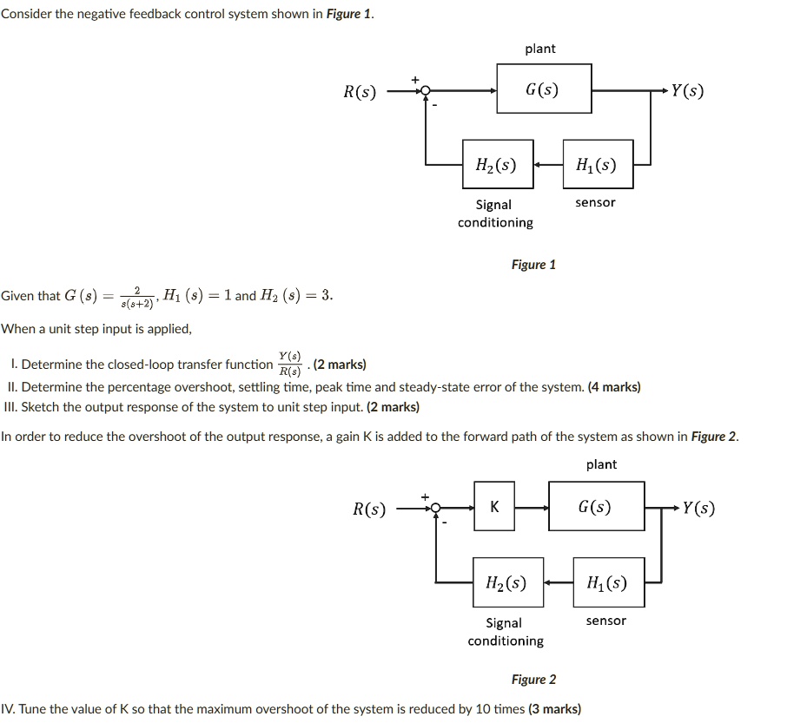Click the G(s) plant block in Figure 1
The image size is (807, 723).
[544, 89]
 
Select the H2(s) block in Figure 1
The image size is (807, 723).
[495, 164]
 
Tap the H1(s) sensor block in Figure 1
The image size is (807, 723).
[596, 164]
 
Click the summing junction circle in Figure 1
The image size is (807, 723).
[426, 89]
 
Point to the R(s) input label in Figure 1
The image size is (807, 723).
[360, 90]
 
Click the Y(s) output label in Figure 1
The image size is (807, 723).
[687, 90]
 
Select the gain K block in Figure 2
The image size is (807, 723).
[495, 507]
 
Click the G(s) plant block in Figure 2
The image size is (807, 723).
[596, 507]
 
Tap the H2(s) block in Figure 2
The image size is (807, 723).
[505, 582]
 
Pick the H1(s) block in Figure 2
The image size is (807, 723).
[608, 582]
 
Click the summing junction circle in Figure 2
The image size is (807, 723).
[436, 508]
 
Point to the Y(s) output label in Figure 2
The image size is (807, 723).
[698, 508]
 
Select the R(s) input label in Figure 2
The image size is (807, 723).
[369, 509]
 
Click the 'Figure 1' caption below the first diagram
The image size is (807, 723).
[533, 265]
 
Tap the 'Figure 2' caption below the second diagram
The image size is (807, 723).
[533, 680]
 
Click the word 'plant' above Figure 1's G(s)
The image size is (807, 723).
[540, 49]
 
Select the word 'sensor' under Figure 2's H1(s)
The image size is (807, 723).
[605, 621]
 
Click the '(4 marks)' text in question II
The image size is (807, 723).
[614, 387]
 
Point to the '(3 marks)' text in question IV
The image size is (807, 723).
[554, 709]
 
